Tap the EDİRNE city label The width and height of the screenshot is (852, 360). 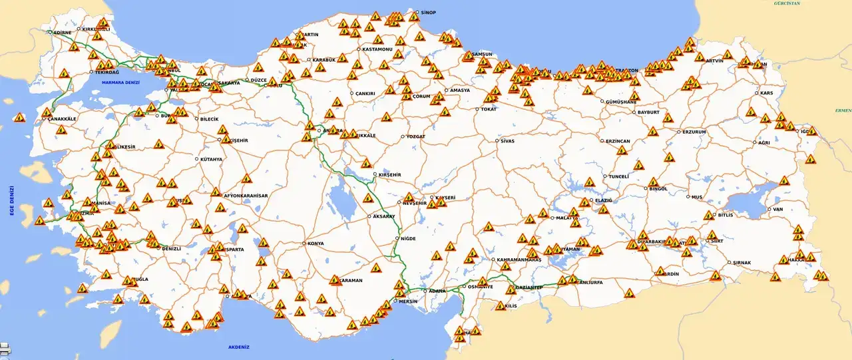coord(62,32)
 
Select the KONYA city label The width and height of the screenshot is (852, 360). coord(316,244)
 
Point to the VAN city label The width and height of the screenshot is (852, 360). coord(777,210)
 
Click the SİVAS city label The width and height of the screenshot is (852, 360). coord(508,141)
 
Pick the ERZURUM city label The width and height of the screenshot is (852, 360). coord(694,132)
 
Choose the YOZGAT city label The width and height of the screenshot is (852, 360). coord(416,137)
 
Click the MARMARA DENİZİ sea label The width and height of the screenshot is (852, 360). coord(120,82)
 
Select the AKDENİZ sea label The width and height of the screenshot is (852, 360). coord(238,347)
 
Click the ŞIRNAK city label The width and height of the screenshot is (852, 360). coord(742,263)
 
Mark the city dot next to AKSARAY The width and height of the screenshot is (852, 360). coord(369,216)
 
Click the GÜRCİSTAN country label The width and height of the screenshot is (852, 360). coord(787,3)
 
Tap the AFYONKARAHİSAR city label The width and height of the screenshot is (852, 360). coord(246,196)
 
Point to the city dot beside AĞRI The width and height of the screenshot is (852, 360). coord(755,142)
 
